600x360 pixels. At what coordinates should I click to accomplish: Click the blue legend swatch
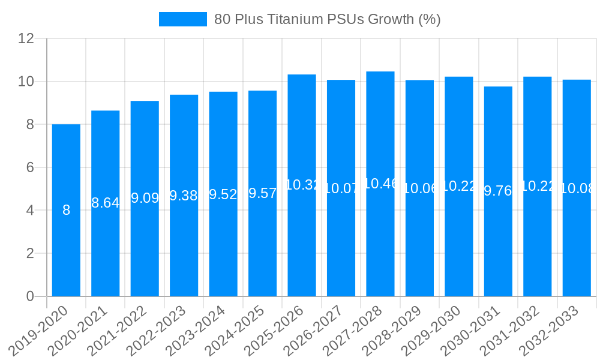point(182,19)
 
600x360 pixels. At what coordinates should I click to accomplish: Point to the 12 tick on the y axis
point(26,38)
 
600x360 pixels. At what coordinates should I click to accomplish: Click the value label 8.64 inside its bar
point(105,203)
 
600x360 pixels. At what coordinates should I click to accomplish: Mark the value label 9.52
point(223,194)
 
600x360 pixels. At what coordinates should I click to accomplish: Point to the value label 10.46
point(380,184)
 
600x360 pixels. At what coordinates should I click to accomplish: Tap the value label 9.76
point(498,191)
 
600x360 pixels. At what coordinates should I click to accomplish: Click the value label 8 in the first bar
point(66,210)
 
